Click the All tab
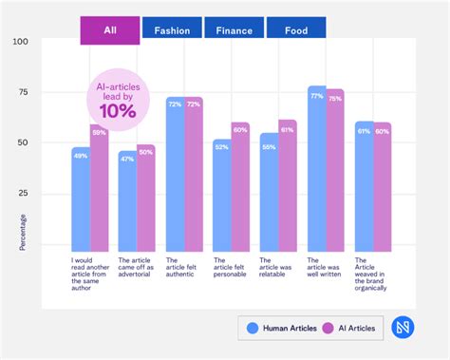point(109,29)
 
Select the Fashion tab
point(172,29)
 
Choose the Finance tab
point(234,29)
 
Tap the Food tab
point(295,29)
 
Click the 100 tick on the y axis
point(21,42)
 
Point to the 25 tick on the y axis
point(23,193)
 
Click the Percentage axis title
point(23,232)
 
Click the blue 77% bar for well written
point(317,166)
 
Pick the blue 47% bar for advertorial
point(127,199)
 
